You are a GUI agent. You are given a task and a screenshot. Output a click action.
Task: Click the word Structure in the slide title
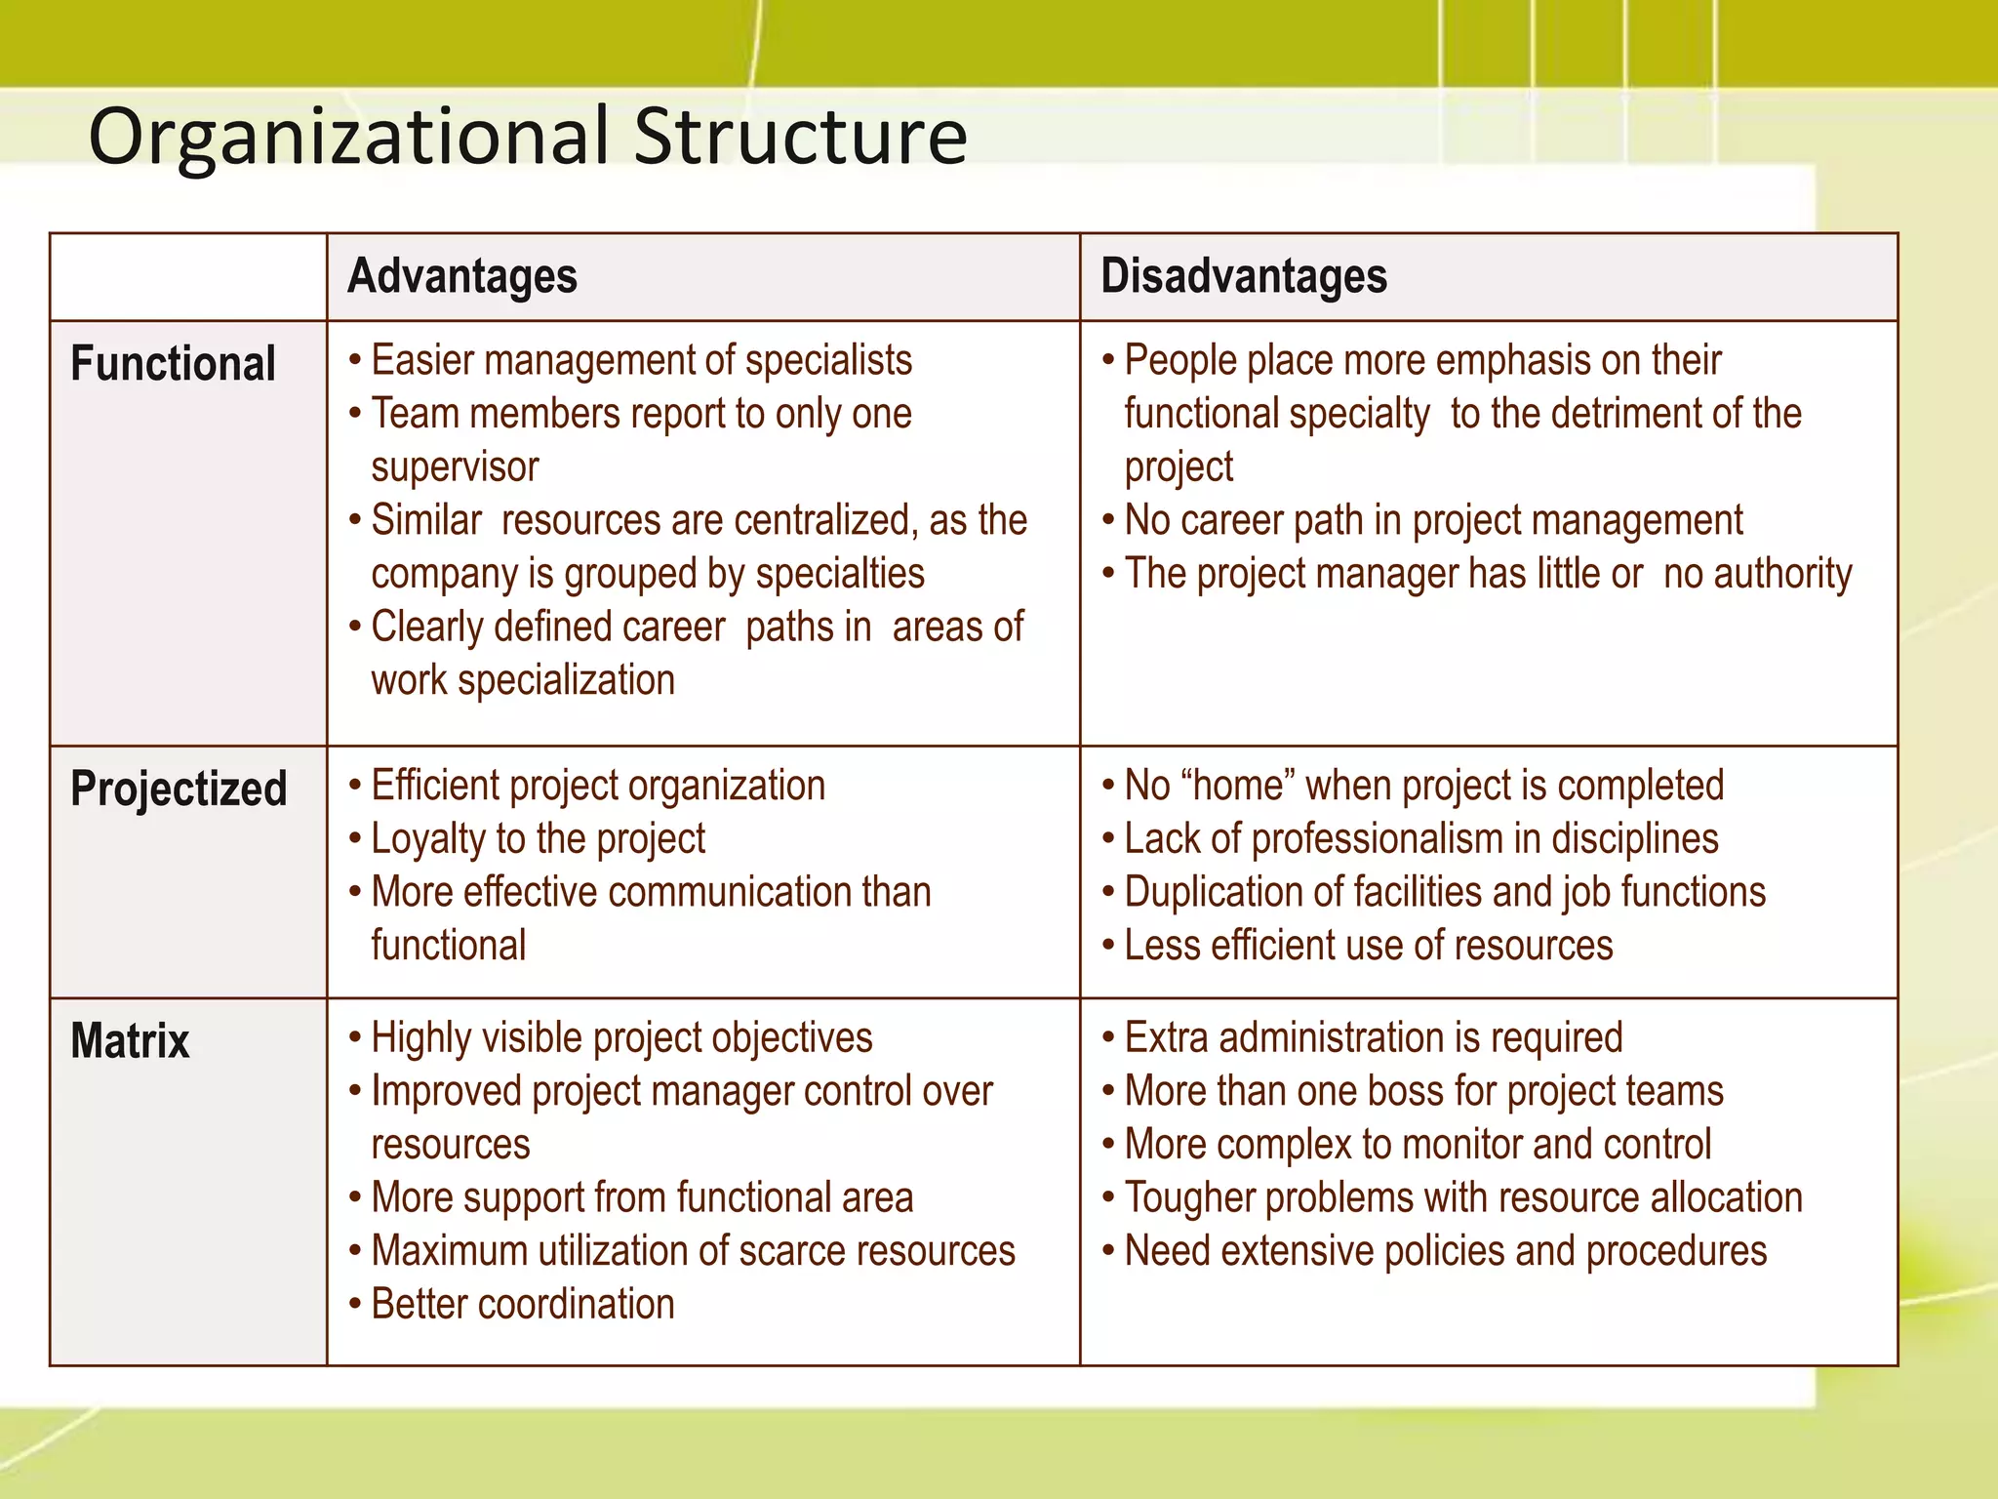800,137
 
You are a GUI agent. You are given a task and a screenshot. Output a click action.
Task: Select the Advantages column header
462,276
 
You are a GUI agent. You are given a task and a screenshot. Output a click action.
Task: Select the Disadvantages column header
1244,276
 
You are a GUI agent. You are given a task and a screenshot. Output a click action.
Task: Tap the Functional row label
174,364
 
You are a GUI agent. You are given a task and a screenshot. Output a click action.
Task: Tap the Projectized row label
180,789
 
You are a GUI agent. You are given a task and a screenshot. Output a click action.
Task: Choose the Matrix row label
131,1040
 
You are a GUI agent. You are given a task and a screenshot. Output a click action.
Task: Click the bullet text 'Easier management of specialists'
641,361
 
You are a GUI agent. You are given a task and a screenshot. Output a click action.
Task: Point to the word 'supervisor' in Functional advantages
455,467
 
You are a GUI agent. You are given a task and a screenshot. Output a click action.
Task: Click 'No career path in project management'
1433,520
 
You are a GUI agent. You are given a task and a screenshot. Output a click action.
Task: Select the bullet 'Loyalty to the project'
538,839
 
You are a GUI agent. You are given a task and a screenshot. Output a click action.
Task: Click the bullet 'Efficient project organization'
598,786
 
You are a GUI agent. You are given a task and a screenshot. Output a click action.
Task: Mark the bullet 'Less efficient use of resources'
1368,946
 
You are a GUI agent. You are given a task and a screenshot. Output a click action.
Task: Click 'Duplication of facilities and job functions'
1445,892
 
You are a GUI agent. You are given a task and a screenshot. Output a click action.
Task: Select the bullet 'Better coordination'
523,1305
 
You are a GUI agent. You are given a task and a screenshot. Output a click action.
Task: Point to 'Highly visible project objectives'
621,1038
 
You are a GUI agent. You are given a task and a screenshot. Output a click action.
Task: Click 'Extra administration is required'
1374,1038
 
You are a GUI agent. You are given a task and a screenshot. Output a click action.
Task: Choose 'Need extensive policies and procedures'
1445,1251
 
